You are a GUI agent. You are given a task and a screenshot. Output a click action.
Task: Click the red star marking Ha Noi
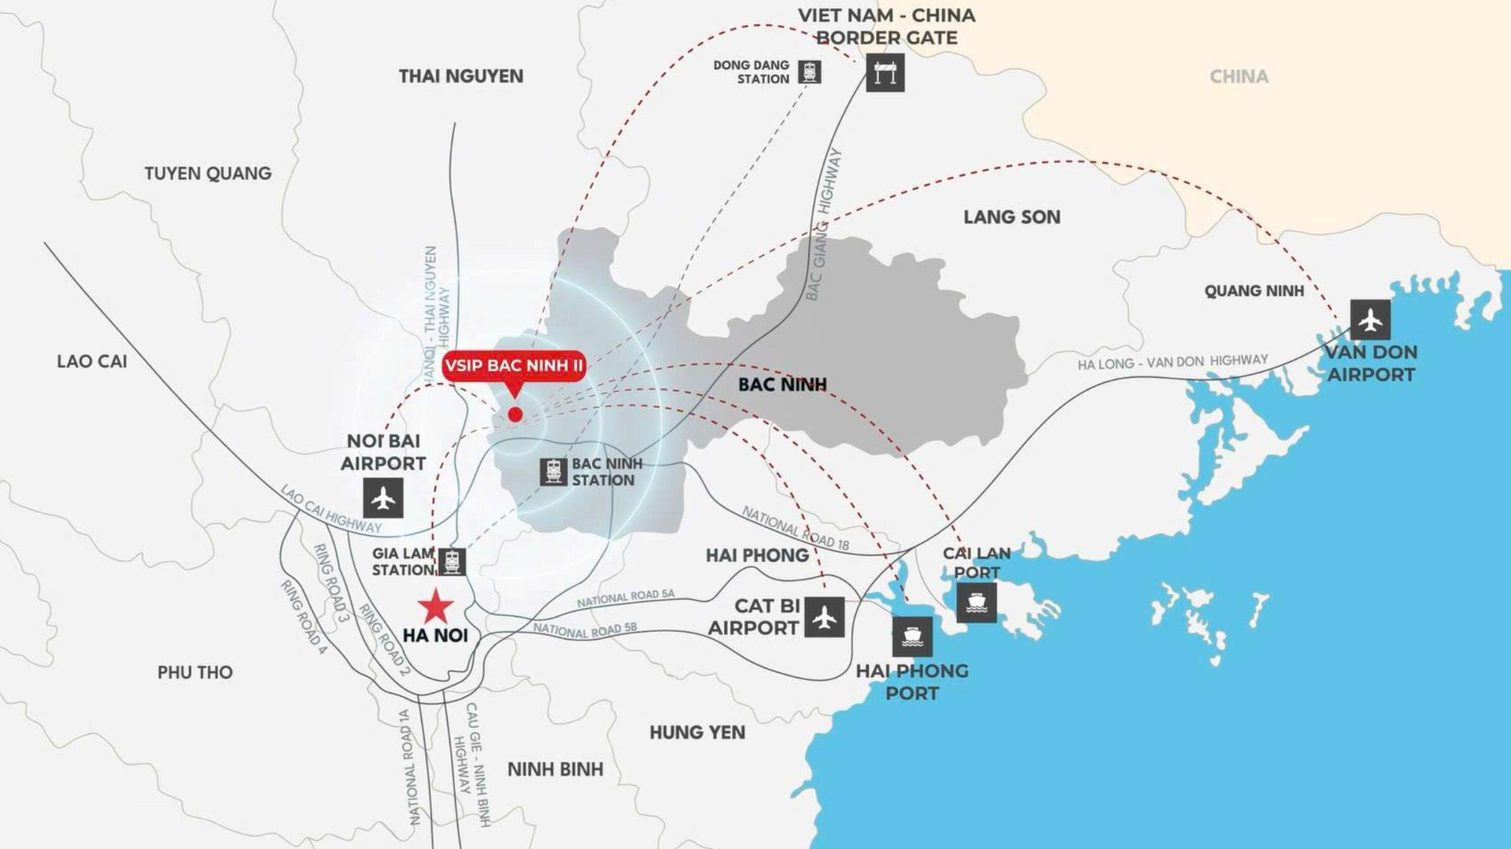[x=435, y=607]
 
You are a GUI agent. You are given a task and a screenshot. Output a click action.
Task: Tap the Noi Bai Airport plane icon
[x=383, y=498]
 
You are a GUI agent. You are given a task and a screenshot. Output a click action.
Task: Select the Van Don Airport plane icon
[x=1370, y=319]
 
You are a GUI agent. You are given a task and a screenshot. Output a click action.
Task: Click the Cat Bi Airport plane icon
[x=824, y=618]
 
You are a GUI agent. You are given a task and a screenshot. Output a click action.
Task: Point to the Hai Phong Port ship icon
[x=912, y=636]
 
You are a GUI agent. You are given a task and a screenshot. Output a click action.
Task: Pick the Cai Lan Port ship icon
[x=977, y=603]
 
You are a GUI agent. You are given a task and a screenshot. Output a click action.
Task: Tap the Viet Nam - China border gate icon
[x=885, y=73]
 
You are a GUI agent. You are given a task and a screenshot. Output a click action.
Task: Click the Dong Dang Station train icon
[x=809, y=72]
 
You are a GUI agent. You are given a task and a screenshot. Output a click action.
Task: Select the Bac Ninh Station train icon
[x=553, y=471]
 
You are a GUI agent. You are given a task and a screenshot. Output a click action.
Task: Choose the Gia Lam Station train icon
[x=452, y=562]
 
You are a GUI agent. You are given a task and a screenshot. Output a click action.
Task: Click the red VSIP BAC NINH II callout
[x=513, y=366]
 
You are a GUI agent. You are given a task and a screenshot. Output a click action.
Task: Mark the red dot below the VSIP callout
[x=515, y=414]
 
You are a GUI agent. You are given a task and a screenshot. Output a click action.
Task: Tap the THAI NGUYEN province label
[x=460, y=76]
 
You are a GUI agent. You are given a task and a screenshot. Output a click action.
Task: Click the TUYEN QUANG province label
[x=208, y=173]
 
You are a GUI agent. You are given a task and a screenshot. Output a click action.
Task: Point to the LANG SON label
[x=1011, y=217]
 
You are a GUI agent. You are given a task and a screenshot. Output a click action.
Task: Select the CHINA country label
[x=1239, y=77]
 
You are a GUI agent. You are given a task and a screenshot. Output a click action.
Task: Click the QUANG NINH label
[x=1254, y=291]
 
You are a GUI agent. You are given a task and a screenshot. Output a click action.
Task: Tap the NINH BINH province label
[x=555, y=770]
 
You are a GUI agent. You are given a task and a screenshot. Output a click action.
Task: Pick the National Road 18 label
[x=796, y=528]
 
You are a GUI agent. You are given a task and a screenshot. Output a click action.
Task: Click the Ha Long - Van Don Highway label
[x=1173, y=362]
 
